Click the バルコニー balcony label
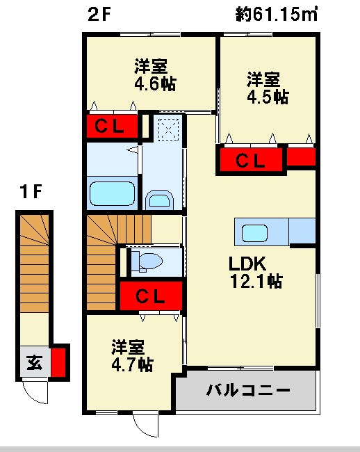pos(247,391)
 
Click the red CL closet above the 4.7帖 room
pos(151,296)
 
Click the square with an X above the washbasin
pos(167,129)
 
